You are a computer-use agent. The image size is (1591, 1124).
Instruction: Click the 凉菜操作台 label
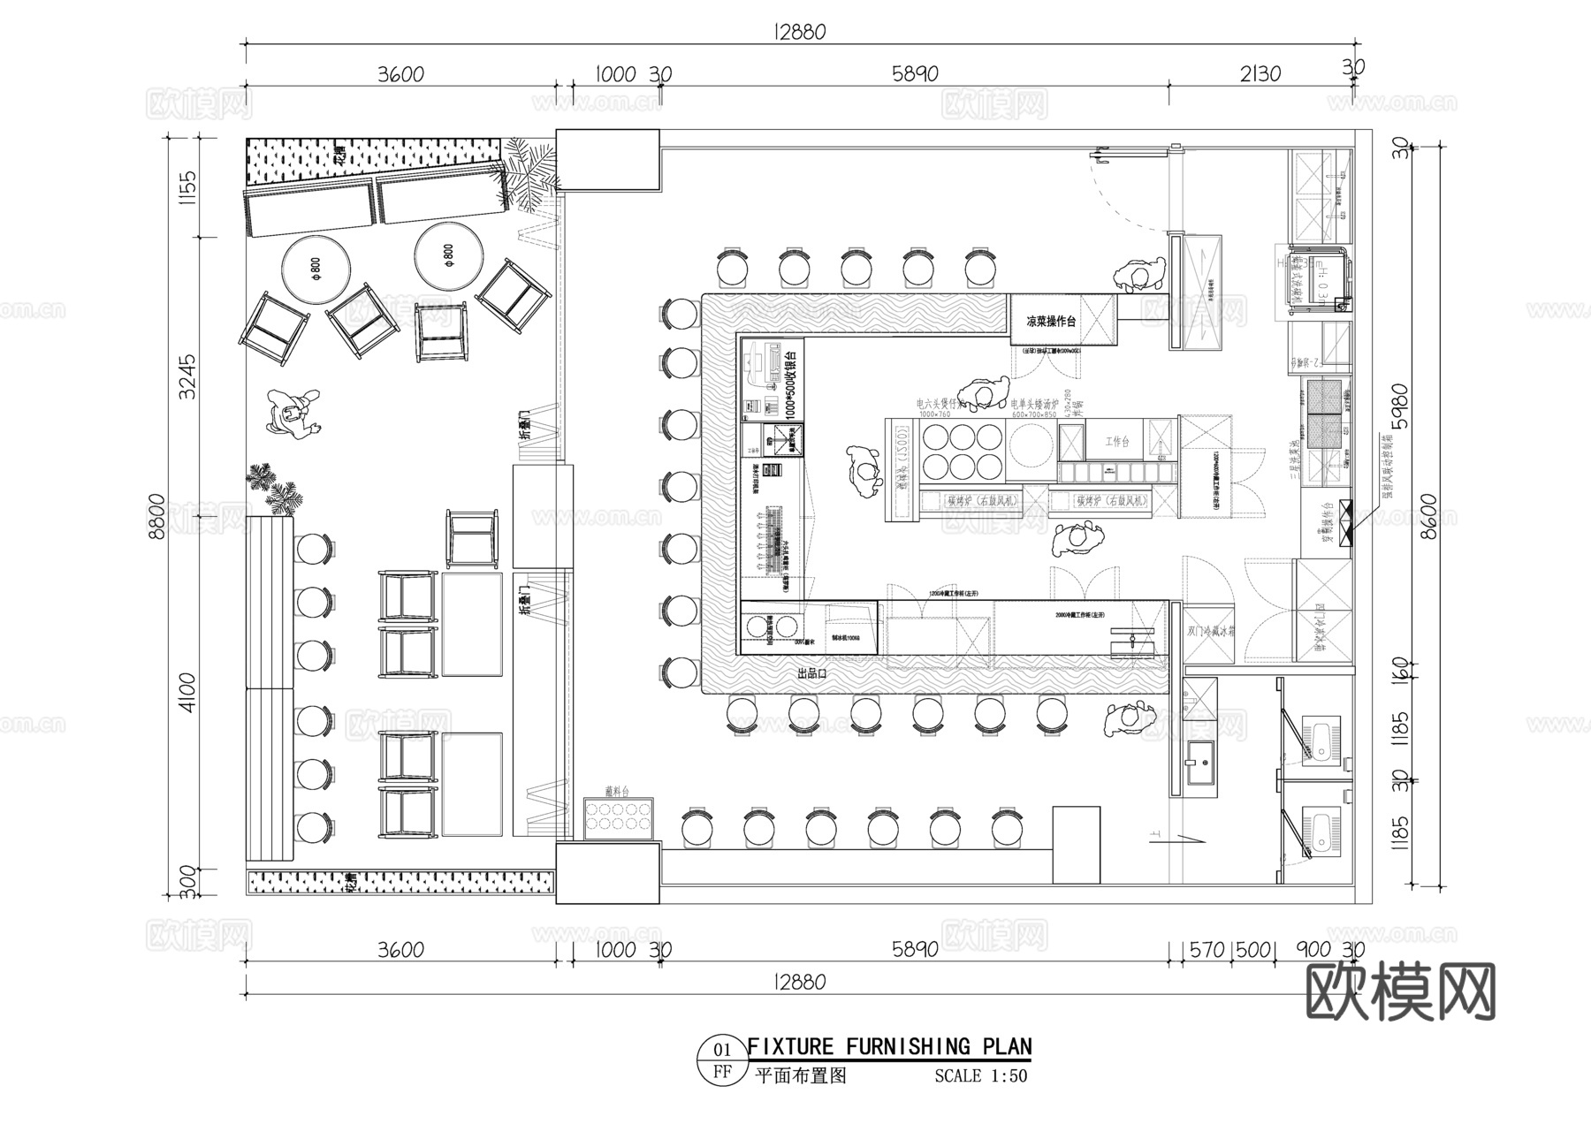coord(1051,322)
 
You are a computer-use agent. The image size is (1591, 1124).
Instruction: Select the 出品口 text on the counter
coord(811,673)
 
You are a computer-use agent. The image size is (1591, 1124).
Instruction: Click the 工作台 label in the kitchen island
coord(1117,441)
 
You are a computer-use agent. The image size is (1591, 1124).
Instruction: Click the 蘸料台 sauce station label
coord(616,791)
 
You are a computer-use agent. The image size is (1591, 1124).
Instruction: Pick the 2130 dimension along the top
coord(1260,74)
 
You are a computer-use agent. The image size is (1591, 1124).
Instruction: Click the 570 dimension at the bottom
coord(1206,950)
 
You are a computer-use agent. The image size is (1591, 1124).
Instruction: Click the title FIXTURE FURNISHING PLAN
coord(889,1047)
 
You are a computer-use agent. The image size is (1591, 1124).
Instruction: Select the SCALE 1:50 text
coord(980,1076)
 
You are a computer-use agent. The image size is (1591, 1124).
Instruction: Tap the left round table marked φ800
coord(316,266)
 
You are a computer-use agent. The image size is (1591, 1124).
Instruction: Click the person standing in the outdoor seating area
coord(292,415)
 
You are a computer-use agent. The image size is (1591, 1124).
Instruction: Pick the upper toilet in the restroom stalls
coord(1318,740)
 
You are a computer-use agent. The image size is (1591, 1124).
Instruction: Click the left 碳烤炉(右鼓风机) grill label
coord(982,500)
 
